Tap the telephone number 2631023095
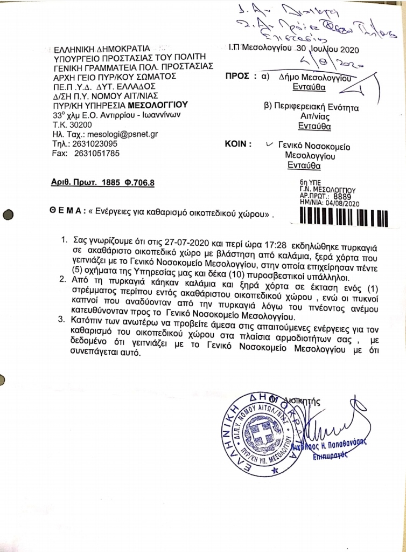click(x=97, y=143)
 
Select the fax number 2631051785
click(x=97, y=153)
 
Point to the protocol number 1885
click(x=109, y=183)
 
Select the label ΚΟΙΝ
click(x=237, y=144)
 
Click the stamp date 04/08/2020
click(x=344, y=204)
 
